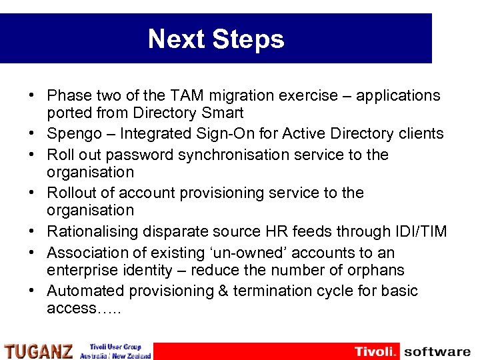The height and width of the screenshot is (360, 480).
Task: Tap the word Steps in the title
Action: coord(249,39)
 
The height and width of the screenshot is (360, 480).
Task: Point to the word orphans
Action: coord(375,270)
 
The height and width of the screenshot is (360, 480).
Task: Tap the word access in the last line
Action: coord(69,309)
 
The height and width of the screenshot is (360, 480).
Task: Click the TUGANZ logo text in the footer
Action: coord(38,351)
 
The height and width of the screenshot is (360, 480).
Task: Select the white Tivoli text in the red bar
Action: coord(375,351)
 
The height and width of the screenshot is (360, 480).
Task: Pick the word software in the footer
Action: coord(437,351)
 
